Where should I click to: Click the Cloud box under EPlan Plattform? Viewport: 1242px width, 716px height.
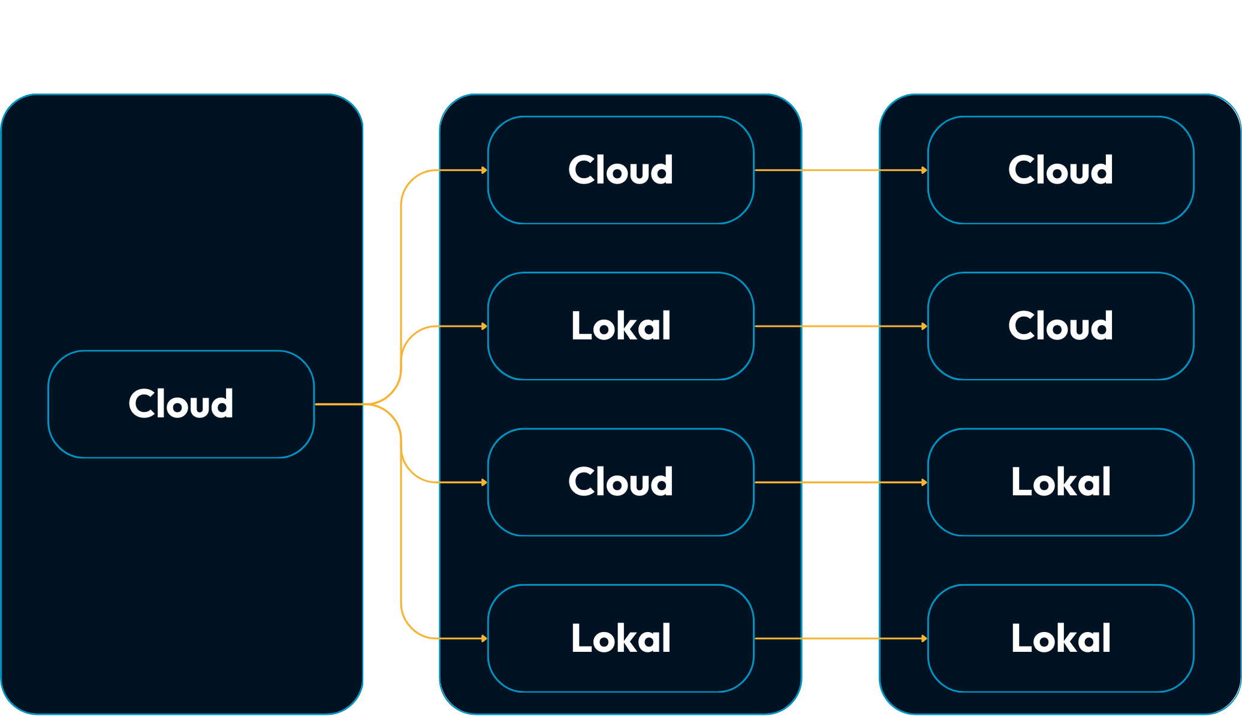(x=181, y=404)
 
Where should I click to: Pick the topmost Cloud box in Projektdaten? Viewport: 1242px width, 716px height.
(x=621, y=170)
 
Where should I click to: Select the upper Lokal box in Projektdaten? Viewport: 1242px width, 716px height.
(x=621, y=326)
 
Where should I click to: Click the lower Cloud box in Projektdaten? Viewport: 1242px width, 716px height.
(x=621, y=482)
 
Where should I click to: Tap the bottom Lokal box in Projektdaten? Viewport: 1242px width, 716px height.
(x=621, y=639)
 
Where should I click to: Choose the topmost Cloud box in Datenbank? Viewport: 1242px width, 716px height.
(x=1061, y=170)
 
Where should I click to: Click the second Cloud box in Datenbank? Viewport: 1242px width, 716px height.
(x=1061, y=326)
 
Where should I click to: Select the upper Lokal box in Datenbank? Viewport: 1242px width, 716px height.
(x=1061, y=482)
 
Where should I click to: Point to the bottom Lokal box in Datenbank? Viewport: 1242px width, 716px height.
(x=1061, y=639)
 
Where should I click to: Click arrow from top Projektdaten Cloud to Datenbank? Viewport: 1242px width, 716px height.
(x=839, y=170)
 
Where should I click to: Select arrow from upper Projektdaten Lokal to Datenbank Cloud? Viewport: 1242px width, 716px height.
(x=839, y=326)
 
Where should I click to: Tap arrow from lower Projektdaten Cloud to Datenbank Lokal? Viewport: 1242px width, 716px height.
(x=839, y=482)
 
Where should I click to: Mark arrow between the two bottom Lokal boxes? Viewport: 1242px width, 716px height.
(x=839, y=639)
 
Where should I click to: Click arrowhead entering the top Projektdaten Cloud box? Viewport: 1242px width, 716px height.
(x=484, y=170)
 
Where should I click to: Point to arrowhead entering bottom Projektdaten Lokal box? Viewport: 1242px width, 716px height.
(x=484, y=639)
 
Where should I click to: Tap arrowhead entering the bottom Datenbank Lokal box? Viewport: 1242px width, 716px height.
(x=924, y=639)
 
